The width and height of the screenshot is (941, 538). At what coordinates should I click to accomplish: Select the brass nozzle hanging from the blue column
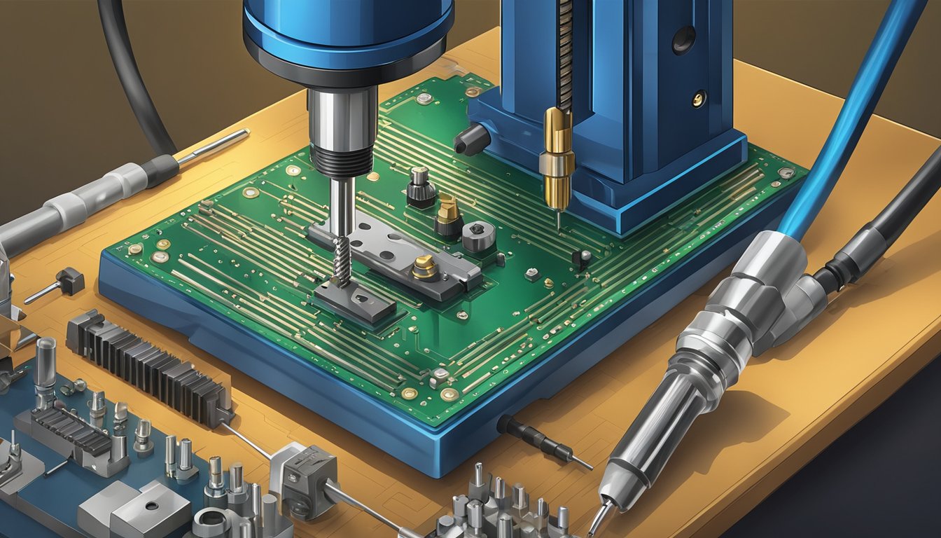pyautogui.click(x=558, y=161)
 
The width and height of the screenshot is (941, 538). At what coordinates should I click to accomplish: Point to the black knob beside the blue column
pyautogui.click(x=470, y=140)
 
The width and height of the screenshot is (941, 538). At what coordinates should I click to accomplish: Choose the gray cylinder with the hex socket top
pyautogui.click(x=479, y=236)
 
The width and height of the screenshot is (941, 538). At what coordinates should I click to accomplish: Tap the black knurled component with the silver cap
pyautogui.click(x=420, y=188)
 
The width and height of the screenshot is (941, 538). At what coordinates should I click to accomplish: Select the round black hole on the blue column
pyautogui.click(x=683, y=40)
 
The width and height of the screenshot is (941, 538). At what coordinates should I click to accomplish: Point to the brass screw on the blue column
pyautogui.click(x=698, y=99)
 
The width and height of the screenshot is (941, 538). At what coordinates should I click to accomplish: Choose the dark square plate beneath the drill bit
pyautogui.click(x=354, y=301)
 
